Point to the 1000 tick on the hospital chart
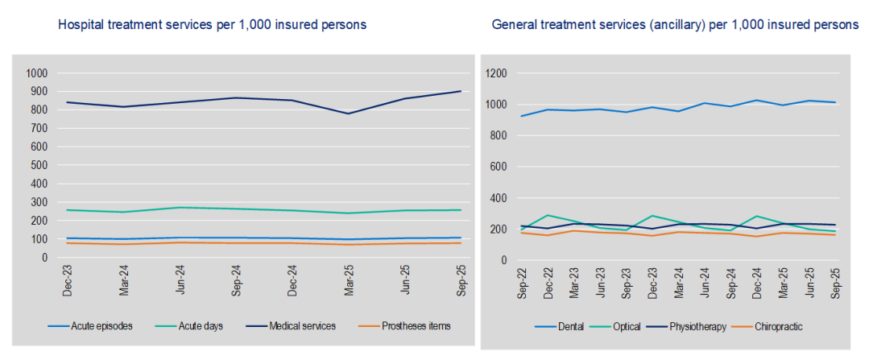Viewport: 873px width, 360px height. pyautogui.click(x=38, y=73)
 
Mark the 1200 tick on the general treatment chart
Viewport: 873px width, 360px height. pyautogui.click(x=495, y=73)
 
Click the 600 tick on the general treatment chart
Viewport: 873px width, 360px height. pyautogui.click(x=498, y=167)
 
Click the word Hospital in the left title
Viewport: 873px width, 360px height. pyautogui.click(x=81, y=25)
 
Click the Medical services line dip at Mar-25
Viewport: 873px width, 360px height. pyautogui.click(x=349, y=114)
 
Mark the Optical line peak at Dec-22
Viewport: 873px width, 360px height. pyautogui.click(x=548, y=215)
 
